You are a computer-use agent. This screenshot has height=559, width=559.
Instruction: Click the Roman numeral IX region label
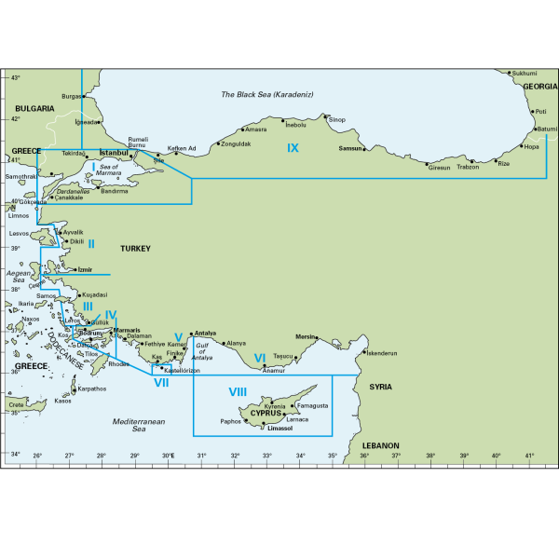coord(293,148)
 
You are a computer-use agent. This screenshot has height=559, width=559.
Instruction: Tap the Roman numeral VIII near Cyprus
coord(238,391)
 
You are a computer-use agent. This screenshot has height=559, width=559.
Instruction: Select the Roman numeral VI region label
coord(260,357)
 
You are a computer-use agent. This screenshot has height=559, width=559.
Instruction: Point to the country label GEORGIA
coord(540,86)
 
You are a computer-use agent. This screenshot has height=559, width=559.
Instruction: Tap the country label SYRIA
coord(380,386)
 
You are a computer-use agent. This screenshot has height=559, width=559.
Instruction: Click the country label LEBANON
coord(380,446)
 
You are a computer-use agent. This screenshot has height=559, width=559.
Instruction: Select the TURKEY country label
coord(135,249)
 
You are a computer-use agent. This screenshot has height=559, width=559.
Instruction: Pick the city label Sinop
coord(336,119)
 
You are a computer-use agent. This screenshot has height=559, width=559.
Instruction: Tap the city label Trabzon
coord(468,167)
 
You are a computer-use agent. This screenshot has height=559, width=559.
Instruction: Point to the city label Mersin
coord(306,335)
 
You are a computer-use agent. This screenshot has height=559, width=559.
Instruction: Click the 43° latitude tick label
coord(15,77)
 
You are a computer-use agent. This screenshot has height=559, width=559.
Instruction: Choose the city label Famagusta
coord(312,406)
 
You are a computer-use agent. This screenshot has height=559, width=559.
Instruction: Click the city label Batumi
coord(547,130)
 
